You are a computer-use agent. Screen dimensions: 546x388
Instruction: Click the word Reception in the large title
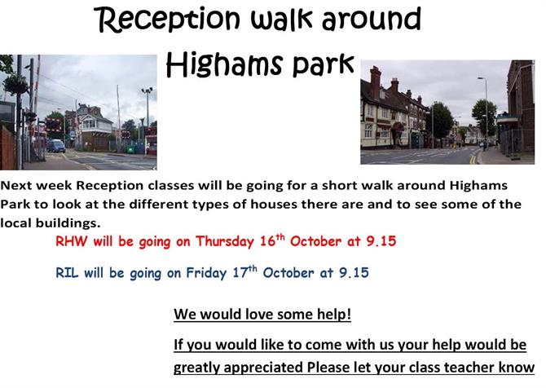(168, 21)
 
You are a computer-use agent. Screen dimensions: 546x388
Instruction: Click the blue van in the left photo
(55, 146)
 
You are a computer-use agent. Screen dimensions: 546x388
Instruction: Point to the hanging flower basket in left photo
(15, 85)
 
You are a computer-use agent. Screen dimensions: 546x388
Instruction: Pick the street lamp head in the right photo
(481, 78)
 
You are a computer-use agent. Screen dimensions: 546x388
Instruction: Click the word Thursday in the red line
(225, 242)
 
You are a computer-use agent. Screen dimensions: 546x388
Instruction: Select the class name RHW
(72, 241)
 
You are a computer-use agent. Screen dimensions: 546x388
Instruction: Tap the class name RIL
(67, 272)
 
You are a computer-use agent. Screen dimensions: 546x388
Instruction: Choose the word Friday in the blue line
(206, 273)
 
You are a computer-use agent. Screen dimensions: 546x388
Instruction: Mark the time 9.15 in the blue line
(354, 272)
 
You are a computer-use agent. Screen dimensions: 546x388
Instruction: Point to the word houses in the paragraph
(274, 204)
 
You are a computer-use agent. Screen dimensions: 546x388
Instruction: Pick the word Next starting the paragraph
(16, 185)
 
